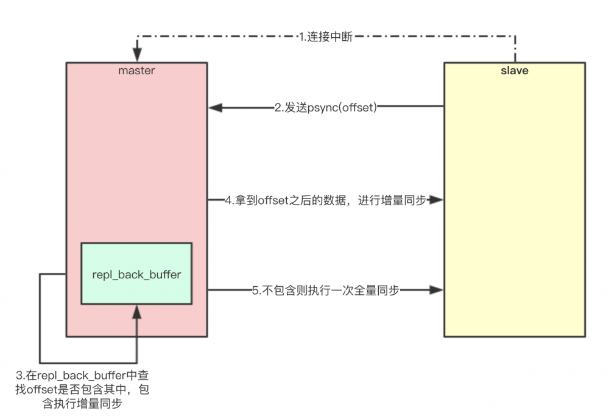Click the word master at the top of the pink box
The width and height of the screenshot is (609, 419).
click(x=136, y=71)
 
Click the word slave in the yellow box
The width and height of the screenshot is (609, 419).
click(x=515, y=71)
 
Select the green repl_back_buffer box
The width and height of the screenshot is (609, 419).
click(x=136, y=273)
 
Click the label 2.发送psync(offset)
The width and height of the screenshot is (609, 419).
click(x=326, y=108)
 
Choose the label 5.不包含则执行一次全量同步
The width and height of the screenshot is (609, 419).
click(x=326, y=290)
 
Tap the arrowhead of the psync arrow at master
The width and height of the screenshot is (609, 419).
click(x=214, y=108)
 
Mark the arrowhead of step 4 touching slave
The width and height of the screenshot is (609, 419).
click(x=437, y=200)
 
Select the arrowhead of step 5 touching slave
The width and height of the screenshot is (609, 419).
click(x=437, y=290)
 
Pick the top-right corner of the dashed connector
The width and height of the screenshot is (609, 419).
click(x=515, y=37)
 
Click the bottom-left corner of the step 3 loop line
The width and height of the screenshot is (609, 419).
click(x=40, y=363)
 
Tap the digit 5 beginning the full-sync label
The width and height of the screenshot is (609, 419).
click(x=255, y=290)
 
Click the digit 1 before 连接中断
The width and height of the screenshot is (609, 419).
click(x=301, y=37)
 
